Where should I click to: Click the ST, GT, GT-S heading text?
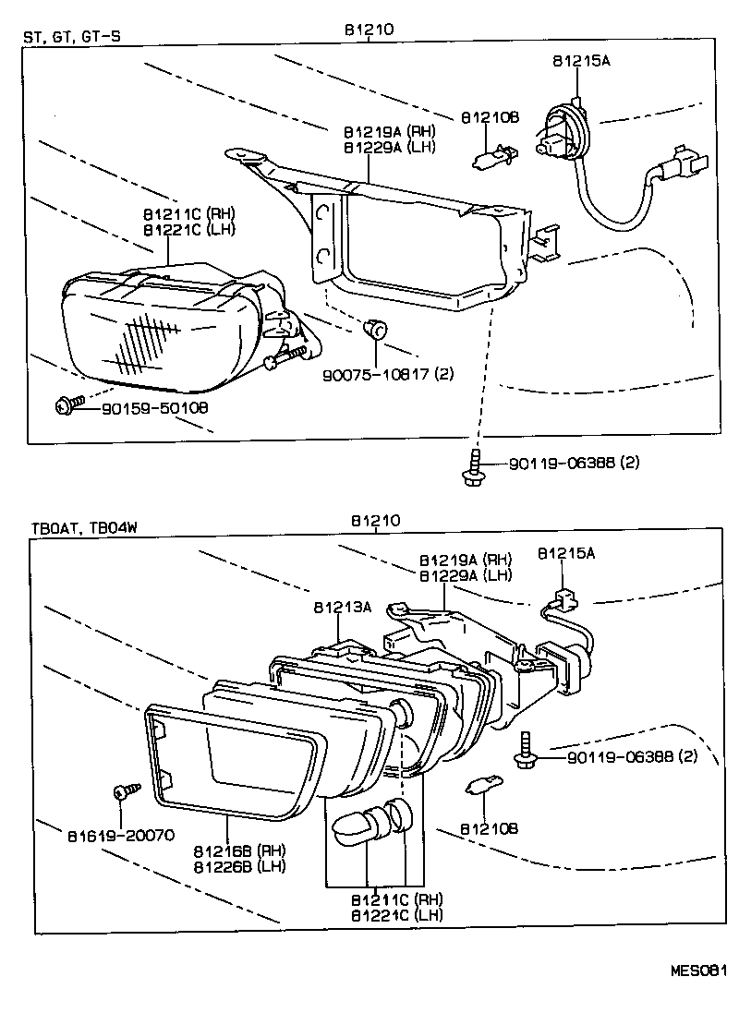(72, 38)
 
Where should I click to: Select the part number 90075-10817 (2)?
(387, 374)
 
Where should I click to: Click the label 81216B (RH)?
(239, 850)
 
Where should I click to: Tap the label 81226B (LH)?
(239, 866)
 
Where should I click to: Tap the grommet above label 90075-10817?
(376, 327)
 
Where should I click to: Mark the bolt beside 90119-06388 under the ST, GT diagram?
(473, 465)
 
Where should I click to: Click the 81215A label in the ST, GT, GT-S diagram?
(582, 62)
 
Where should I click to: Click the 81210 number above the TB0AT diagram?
(374, 521)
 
